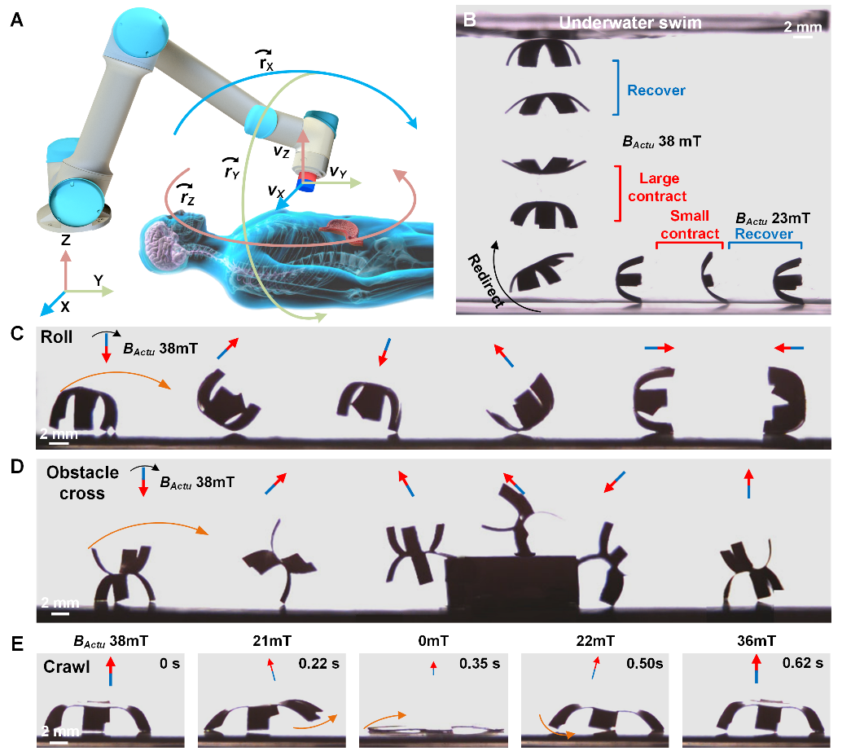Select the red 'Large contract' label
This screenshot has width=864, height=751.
659,187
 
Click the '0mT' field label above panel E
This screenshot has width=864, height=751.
432,641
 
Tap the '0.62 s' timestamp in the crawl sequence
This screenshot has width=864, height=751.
804,663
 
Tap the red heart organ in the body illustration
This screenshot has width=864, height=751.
344,231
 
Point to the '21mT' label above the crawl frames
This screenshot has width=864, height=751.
270,641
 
